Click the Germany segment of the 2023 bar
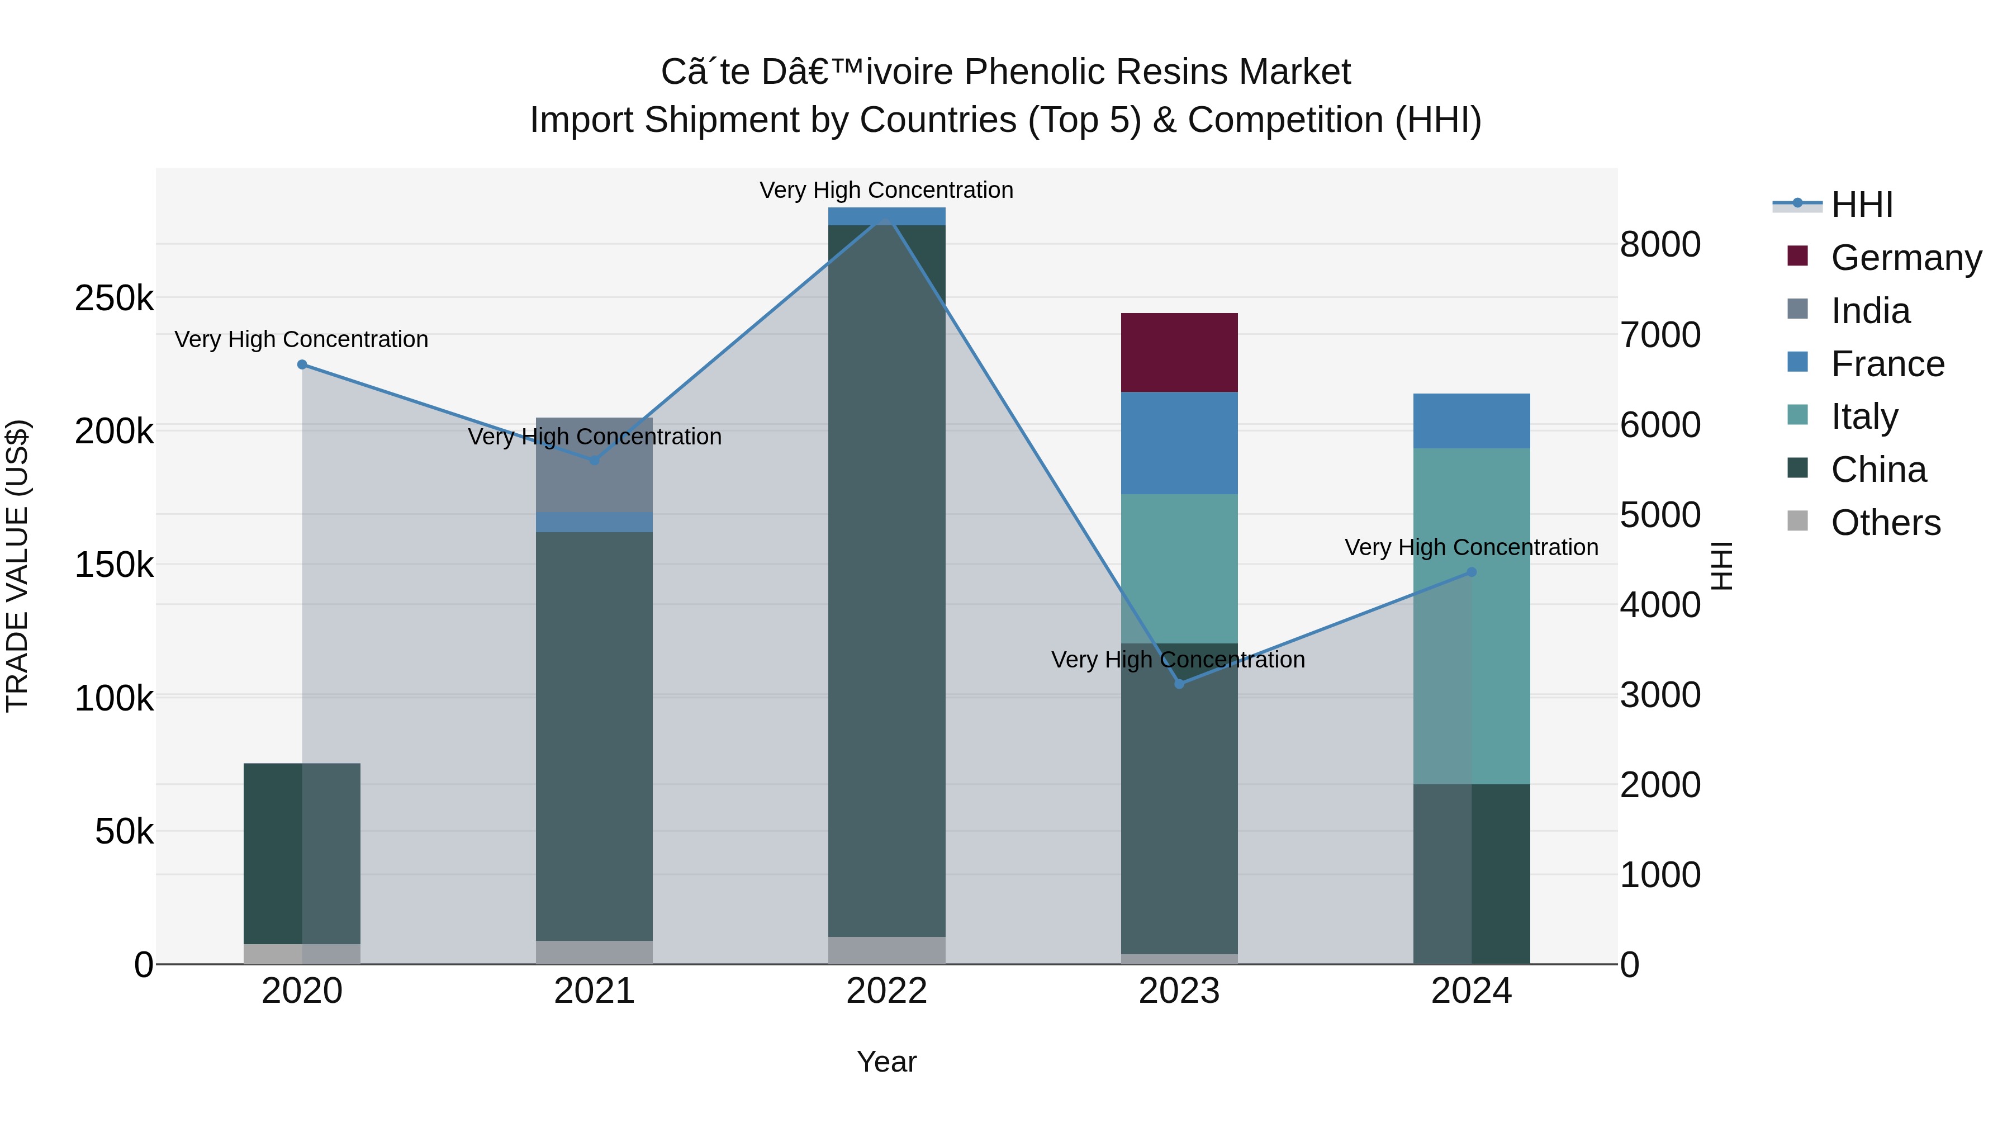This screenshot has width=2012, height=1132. tap(1179, 352)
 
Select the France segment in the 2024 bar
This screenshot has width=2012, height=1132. tap(1471, 420)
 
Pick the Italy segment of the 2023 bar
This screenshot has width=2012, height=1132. tap(1179, 568)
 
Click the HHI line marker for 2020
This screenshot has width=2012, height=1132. tap(302, 365)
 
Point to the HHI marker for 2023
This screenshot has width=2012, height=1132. tap(1179, 684)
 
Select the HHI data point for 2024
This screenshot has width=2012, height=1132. tap(1472, 572)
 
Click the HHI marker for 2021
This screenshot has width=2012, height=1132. tap(595, 460)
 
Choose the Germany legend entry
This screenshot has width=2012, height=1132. tap(1906, 257)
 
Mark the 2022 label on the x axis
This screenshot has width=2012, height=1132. tap(886, 991)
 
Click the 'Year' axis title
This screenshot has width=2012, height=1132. tap(886, 1062)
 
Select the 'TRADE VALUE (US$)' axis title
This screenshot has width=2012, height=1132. tap(17, 566)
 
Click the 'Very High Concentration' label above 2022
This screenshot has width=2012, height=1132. tap(886, 190)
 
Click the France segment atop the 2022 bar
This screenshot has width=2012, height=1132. tap(886, 216)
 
